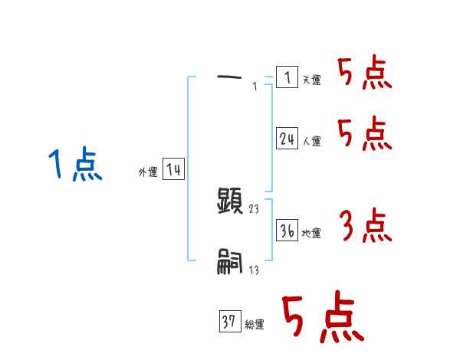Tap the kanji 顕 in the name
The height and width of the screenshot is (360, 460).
(231, 201)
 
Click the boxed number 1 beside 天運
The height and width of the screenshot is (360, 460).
(287, 77)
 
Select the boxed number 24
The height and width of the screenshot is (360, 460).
(287, 139)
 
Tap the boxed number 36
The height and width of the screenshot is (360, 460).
(287, 231)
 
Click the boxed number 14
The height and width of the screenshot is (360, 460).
(174, 170)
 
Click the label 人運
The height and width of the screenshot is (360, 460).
(311, 142)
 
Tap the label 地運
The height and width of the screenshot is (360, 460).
(311, 234)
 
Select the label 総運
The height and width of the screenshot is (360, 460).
(255, 325)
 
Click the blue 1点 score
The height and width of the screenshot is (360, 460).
(74, 165)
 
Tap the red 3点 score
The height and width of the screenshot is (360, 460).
(365, 225)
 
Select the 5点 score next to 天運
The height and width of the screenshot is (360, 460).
(365, 74)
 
